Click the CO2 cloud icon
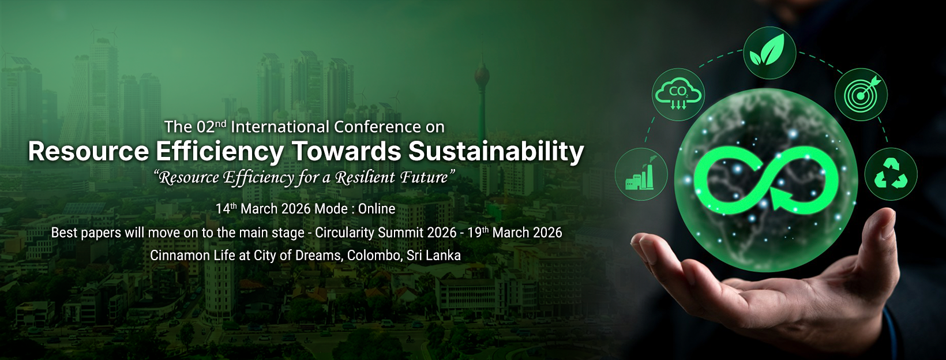678,95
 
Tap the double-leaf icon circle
769,53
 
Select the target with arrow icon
861,95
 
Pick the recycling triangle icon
891,174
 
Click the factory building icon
641,174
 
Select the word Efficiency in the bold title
220,152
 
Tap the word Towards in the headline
346,152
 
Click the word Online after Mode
377,209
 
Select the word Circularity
344,233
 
